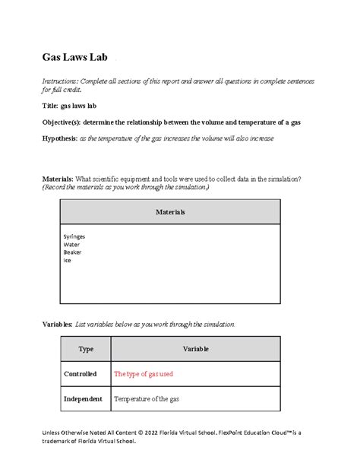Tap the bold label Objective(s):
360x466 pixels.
click(63, 122)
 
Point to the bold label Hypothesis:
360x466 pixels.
click(62, 138)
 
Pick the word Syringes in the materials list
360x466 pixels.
click(74, 236)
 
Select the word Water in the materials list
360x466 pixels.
click(71, 245)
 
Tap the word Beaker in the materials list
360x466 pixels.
click(73, 252)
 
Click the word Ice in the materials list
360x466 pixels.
click(67, 261)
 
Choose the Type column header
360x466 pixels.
click(85, 349)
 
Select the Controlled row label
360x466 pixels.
click(85, 373)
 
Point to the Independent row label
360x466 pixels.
click(85, 398)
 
